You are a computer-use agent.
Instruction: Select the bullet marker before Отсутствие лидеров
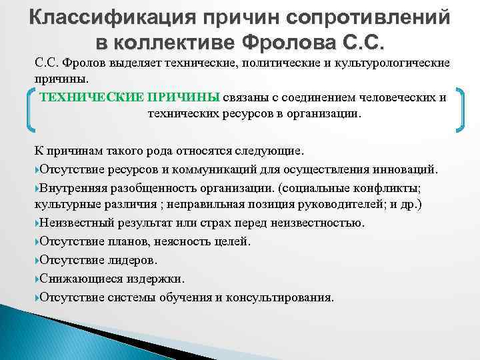pyautogui.click(x=37, y=260)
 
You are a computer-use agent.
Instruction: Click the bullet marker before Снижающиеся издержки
pyautogui.click(x=37, y=279)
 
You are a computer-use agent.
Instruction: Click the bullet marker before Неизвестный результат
pyautogui.click(x=37, y=223)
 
